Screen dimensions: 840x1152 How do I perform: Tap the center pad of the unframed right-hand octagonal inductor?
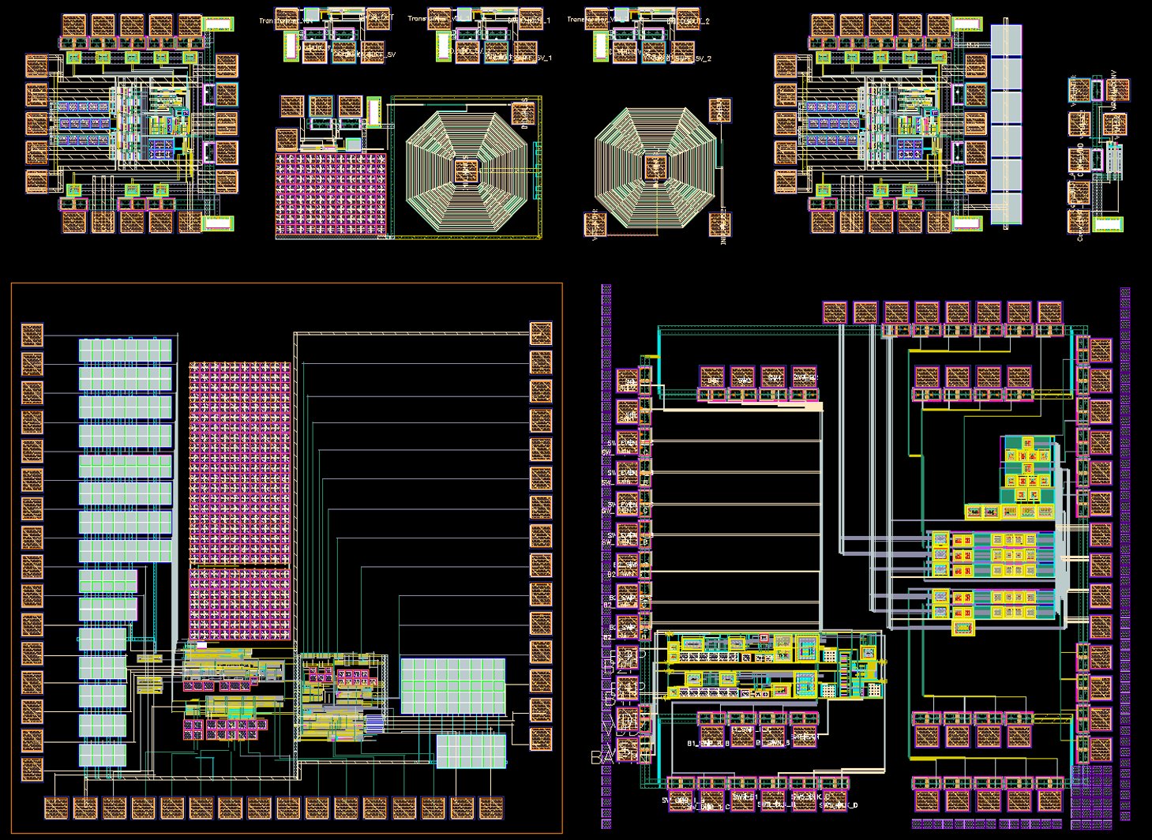pyautogui.click(x=655, y=167)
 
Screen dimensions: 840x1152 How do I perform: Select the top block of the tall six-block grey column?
pyautogui.click(x=1006, y=40)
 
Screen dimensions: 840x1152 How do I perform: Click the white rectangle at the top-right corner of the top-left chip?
pyautogui.click(x=218, y=24)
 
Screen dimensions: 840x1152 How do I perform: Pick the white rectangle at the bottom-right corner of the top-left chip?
pyautogui.click(x=218, y=223)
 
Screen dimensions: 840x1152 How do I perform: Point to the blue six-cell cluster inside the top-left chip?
pyautogui.click(x=162, y=148)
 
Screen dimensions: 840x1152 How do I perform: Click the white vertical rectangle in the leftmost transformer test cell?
pyautogui.click(x=291, y=46)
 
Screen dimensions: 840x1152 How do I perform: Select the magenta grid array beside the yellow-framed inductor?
pyautogui.click(x=331, y=193)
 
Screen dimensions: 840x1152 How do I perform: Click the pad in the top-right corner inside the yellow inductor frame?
pyautogui.click(x=523, y=114)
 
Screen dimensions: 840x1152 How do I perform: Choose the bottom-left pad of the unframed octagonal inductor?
pyautogui.click(x=595, y=224)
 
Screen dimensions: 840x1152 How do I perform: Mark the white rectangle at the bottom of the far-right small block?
pyautogui.click(x=1107, y=224)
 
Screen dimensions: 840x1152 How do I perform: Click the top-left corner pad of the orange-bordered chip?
pyautogui.click(x=32, y=335)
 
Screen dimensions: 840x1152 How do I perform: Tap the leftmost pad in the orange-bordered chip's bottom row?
pyautogui.click(x=56, y=808)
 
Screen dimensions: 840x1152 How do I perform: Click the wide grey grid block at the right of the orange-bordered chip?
pyautogui.click(x=452, y=685)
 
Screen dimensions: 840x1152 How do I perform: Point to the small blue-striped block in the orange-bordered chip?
pyautogui.click(x=374, y=723)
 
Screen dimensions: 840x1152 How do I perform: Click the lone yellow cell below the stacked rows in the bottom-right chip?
pyautogui.click(x=963, y=628)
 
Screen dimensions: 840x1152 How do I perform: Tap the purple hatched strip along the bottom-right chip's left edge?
pyautogui.click(x=606, y=553)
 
